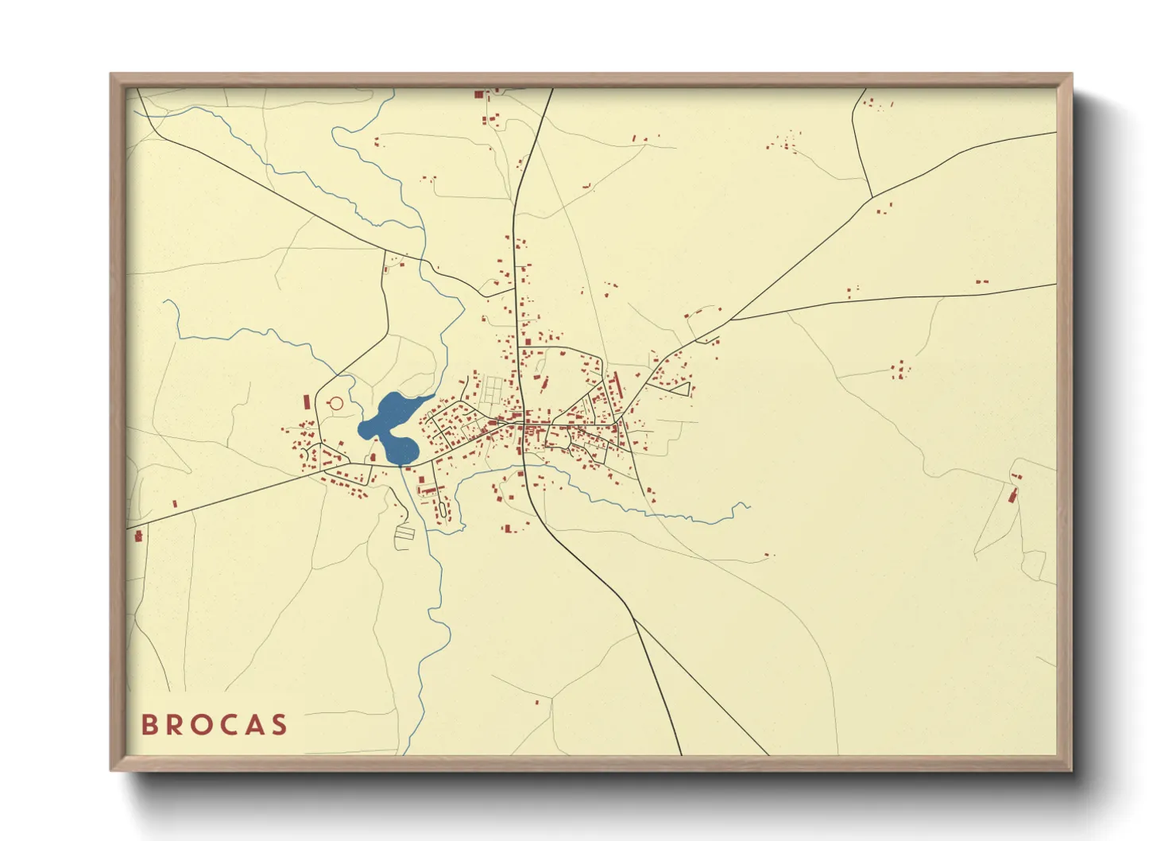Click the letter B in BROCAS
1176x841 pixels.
148,725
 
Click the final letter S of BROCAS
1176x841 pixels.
279,725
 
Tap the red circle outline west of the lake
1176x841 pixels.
335,403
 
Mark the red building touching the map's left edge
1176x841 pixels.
138,536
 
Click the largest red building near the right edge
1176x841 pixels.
1012,496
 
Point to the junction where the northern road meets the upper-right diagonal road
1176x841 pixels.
872,196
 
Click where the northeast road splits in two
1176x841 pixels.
731,320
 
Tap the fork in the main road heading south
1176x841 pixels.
633,618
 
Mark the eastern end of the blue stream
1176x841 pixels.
749,505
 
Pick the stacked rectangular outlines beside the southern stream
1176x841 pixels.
405,533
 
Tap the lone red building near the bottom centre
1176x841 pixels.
536,703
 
